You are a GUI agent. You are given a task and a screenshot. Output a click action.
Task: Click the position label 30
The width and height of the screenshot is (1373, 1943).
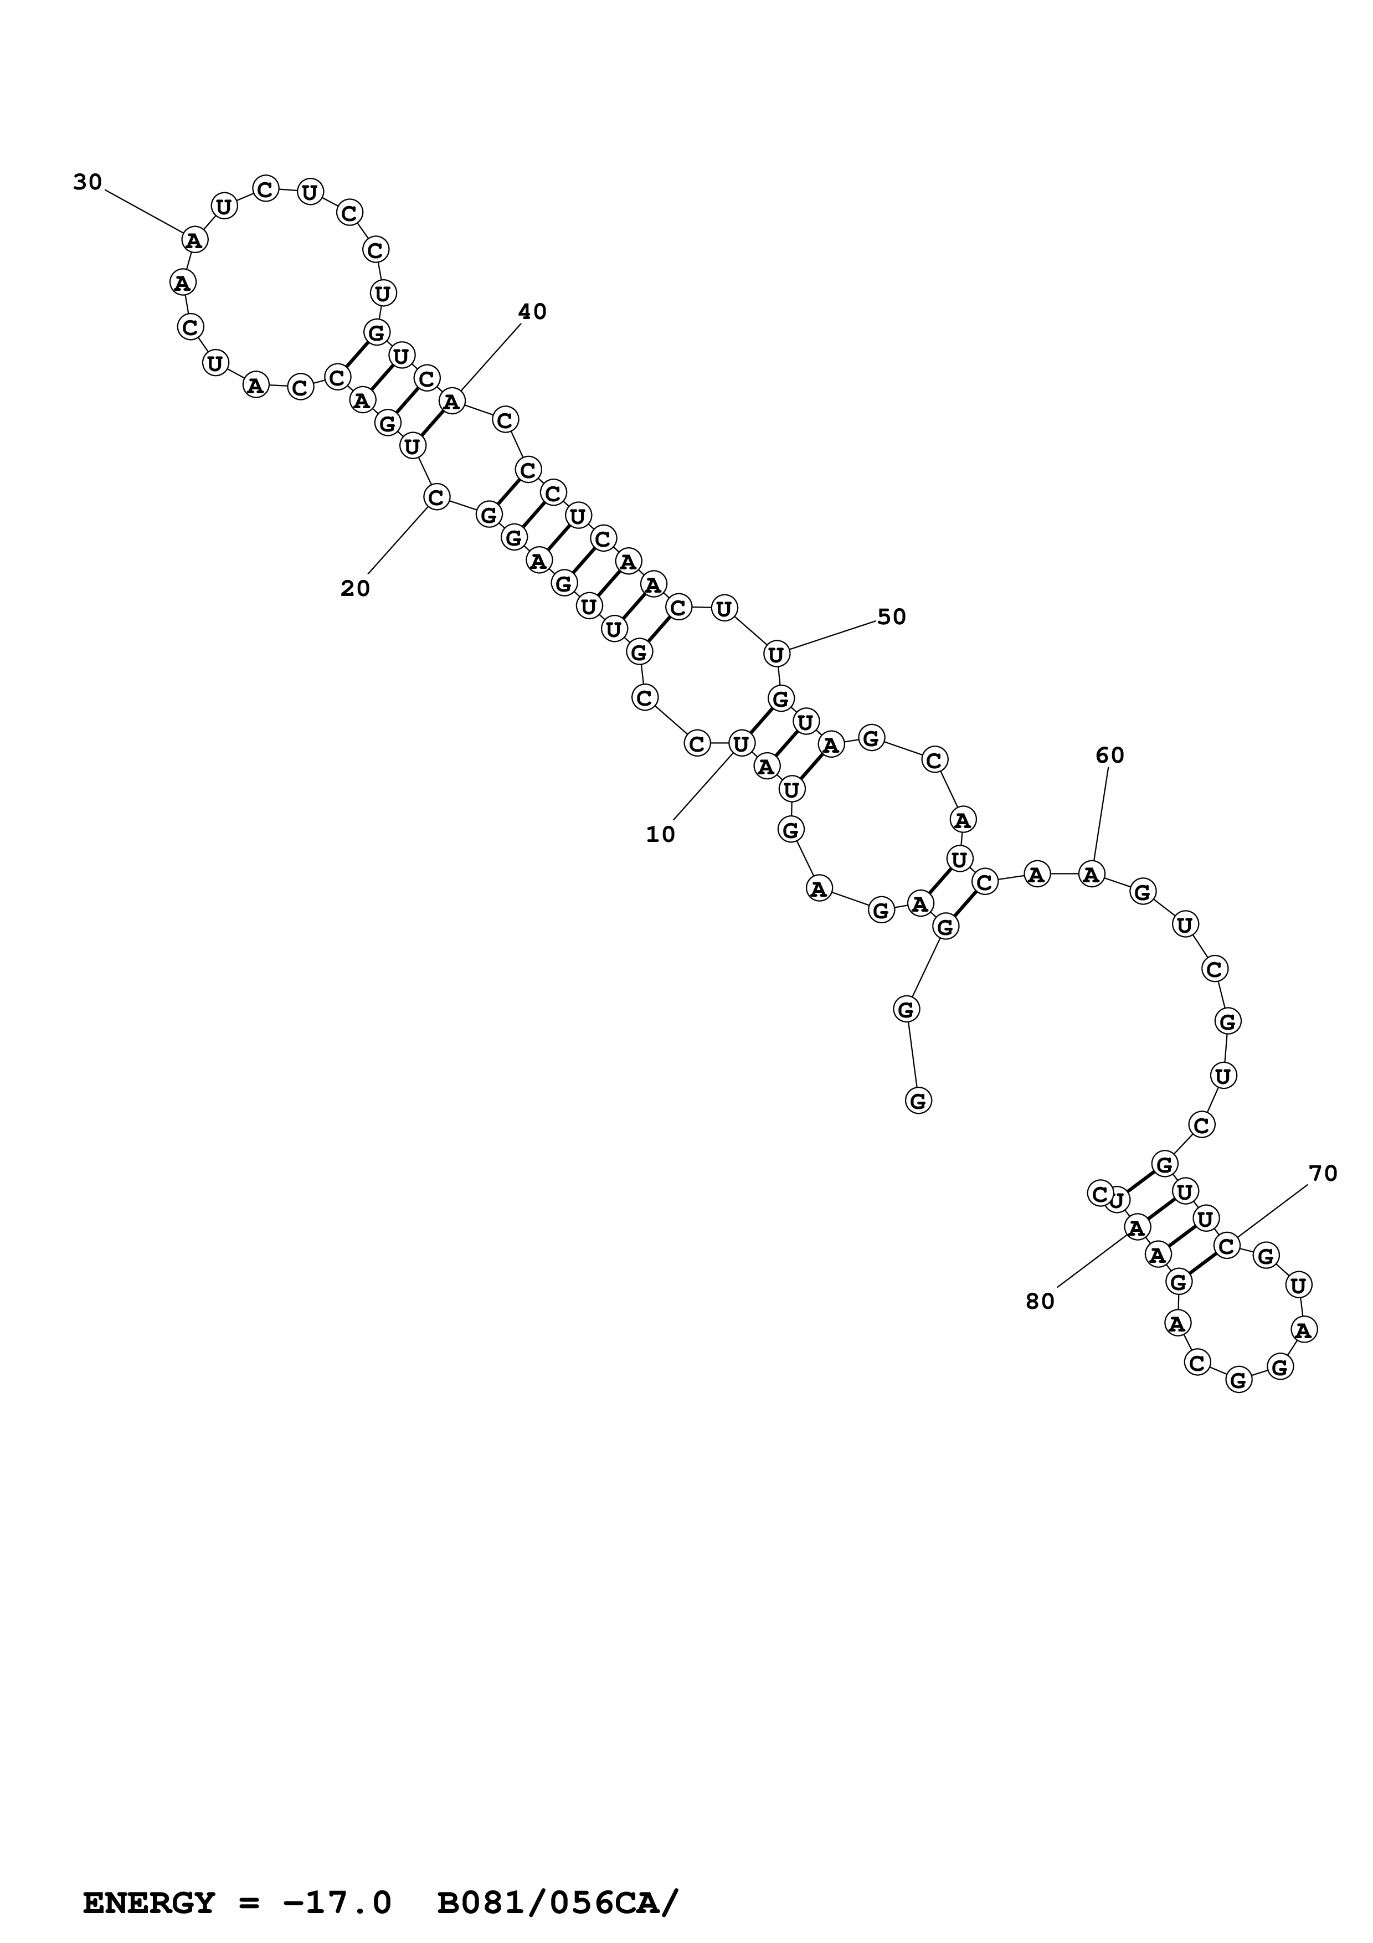tap(87, 182)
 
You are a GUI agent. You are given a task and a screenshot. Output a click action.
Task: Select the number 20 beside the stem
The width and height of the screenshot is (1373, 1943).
tap(356, 588)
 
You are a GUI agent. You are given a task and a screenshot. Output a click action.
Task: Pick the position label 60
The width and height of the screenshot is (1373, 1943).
tap(1110, 755)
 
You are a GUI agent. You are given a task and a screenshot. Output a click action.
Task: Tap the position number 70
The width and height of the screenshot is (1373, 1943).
tap(1323, 1173)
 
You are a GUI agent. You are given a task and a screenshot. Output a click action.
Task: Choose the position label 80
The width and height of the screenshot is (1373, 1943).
tap(1040, 1302)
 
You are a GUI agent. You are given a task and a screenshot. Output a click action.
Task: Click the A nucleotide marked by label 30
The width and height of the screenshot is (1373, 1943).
tap(194, 240)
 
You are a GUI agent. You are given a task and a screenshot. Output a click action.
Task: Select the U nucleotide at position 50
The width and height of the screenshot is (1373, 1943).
tap(776, 654)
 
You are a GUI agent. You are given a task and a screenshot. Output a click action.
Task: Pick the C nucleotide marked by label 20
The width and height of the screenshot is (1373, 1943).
tap(436, 497)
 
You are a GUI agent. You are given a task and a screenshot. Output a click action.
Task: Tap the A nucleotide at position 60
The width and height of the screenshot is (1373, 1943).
tap(1091, 873)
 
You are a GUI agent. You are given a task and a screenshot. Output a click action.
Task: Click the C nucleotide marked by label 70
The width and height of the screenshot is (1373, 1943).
tap(1227, 1245)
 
